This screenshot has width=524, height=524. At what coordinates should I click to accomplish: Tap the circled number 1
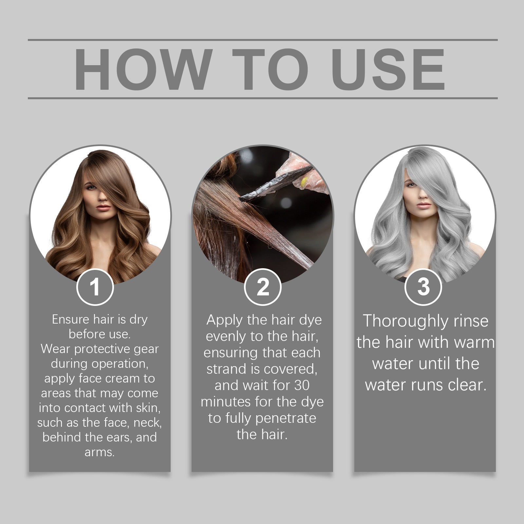click(x=95, y=287)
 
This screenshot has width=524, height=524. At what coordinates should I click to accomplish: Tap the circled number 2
click(x=263, y=287)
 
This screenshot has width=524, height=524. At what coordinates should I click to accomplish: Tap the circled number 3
click(x=423, y=287)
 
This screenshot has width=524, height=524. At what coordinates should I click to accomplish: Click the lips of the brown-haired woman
click(x=103, y=208)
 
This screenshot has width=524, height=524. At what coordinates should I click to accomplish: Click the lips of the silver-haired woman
click(x=424, y=206)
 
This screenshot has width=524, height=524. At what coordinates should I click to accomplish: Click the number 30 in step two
click(x=302, y=385)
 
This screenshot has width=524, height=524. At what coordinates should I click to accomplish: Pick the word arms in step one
click(x=99, y=452)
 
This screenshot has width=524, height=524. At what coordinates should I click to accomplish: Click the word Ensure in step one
click(x=70, y=319)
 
